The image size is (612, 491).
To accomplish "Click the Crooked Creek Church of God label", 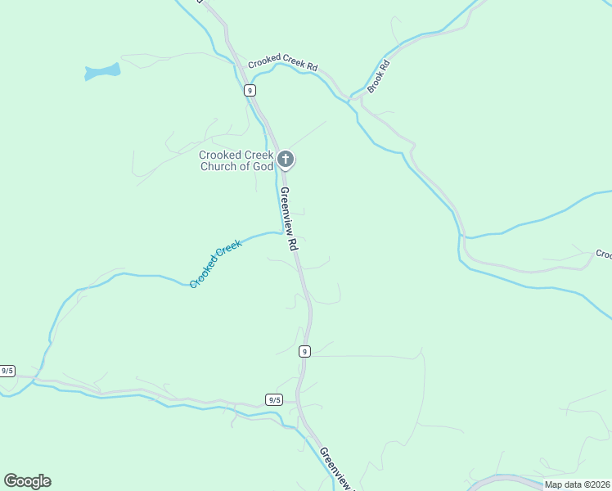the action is click(237, 160).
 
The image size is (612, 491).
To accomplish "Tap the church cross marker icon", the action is click(285, 159).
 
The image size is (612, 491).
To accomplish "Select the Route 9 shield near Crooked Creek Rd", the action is click(250, 91).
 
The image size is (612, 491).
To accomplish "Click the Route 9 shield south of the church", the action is click(304, 351).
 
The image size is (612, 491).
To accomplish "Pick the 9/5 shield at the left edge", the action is click(7, 371).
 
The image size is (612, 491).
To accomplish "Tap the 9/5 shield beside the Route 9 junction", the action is click(274, 399).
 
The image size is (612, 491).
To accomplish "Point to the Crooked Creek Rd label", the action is click(282, 61).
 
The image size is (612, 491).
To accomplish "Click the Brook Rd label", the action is click(376, 76).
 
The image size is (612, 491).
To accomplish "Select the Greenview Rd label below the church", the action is click(287, 219).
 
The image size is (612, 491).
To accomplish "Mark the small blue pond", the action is click(102, 72).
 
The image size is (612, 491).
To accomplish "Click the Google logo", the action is click(27, 481).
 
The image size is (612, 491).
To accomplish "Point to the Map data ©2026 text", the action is click(577, 484).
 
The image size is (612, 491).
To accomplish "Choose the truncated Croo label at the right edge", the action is click(604, 255).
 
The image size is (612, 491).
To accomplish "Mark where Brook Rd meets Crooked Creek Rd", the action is click(353, 97).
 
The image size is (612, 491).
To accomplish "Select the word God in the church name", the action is click(262, 166).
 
